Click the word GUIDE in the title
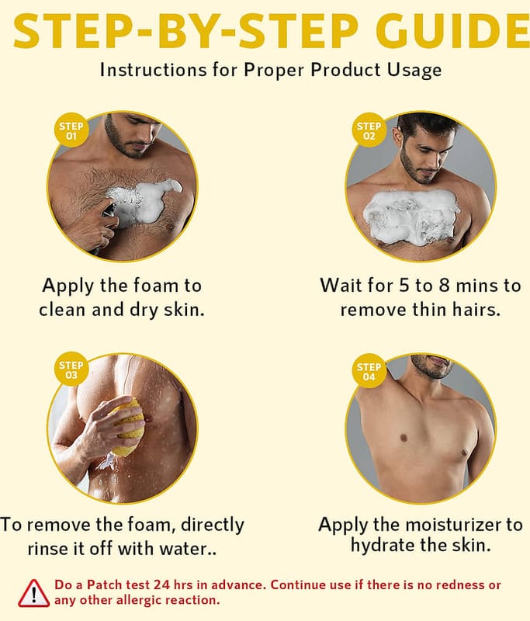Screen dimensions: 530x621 pos(452,31)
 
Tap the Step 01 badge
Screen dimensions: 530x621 pos(71,130)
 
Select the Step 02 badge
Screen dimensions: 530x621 pos(369,130)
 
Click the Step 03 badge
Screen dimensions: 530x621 pos(71,369)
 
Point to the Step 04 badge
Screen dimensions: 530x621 pos(369,371)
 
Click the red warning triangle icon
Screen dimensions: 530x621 pos(34,593)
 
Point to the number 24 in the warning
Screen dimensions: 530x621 pos(161,585)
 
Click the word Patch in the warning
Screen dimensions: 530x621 pos(105,585)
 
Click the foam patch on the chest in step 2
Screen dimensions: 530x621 pos(411,216)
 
